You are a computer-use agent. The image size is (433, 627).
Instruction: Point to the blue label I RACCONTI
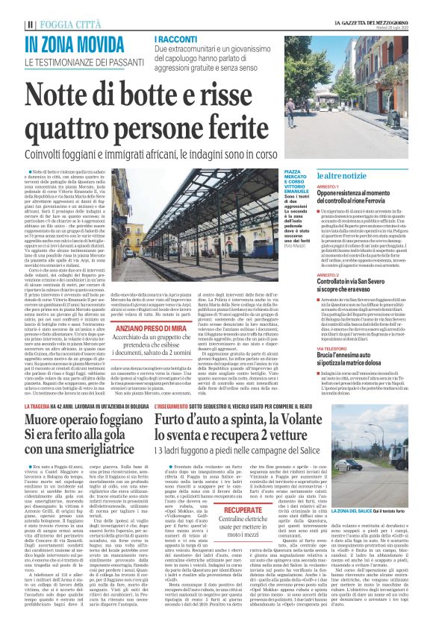(176, 38)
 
